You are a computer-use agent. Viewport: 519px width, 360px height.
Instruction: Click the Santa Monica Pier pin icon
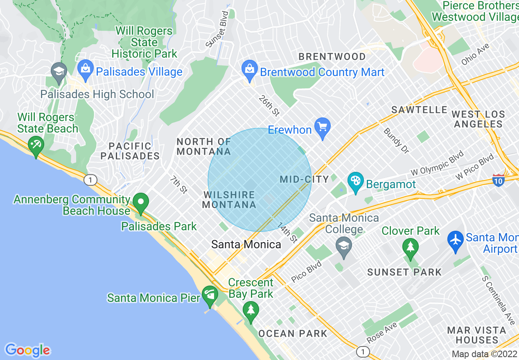(210, 295)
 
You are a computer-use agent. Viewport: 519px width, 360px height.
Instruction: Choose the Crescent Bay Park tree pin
(250, 310)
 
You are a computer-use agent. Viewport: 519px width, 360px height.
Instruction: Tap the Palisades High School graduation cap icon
(59, 72)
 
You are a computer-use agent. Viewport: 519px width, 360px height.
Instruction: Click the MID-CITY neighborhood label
(305, 179)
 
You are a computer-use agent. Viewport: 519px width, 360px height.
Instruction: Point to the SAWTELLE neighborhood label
(420, 110)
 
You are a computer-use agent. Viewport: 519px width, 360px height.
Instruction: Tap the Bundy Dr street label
(396, 141)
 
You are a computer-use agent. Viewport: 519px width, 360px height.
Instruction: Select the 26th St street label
(269, 106)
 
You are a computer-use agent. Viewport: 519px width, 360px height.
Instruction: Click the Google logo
(27, 350)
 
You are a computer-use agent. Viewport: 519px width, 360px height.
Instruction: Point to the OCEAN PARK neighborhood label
(293, 333)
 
